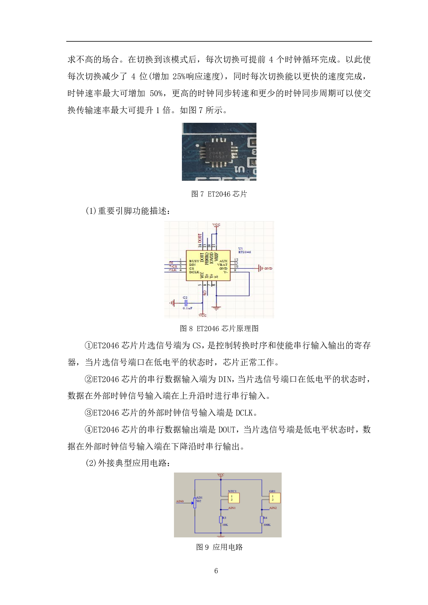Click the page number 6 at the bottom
coord(216,571)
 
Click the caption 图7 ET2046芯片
coord(219,194)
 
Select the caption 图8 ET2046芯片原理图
coord(219,328)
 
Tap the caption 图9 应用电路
coord(219,547)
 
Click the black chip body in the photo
coord(219,152)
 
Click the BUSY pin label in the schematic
coord(194,261)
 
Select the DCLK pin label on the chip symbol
coord(194,272)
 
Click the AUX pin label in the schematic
coord(223,261)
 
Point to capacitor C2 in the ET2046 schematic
coord(185,303)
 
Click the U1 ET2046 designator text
coord(244,250)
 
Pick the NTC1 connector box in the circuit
coord(234,498)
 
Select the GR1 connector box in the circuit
coord(275,498)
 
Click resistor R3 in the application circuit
coord(221,520)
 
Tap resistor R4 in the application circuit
coord(262,520)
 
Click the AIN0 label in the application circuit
coord(180,502)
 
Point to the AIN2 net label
coord(273,508)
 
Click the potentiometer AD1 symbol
coord(195,503)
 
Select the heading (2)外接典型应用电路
coord(128,463)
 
